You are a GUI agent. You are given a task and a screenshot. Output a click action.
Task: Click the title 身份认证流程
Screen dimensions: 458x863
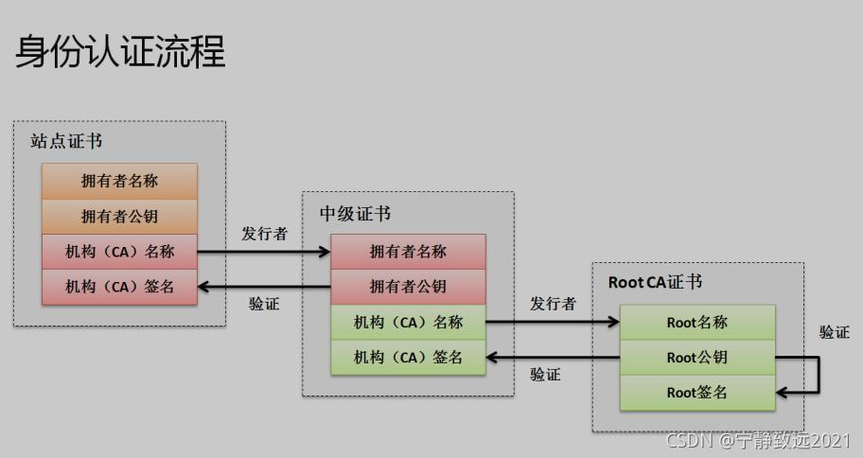pyautogui.click(x=121, y=51)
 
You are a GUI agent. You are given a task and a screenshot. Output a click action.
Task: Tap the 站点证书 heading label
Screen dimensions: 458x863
pyautogui.click(x=66, y=142)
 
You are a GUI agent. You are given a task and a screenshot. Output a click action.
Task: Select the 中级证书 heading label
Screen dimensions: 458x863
pyautogui.click(x=355, y=213)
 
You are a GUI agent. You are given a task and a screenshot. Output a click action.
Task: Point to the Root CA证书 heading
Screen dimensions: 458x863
pyautogui.click(x=655, y=282)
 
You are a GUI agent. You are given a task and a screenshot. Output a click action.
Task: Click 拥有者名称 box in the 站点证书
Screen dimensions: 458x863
pyautogui.click(x=119, y=180)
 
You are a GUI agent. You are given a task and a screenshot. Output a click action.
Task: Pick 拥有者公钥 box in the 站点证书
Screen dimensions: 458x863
pyautogui.click(x=119, y=216)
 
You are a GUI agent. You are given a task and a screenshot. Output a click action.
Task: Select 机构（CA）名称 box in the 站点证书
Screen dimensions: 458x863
pyautogui.click(x=119, y=251)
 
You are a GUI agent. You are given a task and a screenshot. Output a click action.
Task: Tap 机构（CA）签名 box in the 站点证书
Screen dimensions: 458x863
pyautogui.click(x=119, y=286)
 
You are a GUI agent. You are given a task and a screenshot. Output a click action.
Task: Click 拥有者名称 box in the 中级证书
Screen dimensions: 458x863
pyautogui.click(x=408, y=251)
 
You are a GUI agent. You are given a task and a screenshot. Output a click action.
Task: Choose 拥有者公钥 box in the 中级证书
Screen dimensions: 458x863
pyautogui.click(x=408, y=286)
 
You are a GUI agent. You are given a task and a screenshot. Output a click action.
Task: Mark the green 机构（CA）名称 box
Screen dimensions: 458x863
pyautogui.click(x=408, y=322)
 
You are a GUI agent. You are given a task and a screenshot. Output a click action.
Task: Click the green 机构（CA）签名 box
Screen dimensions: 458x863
pyautogui.click(x=408, y=357)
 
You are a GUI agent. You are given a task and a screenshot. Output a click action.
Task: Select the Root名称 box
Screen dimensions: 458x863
pyautogui.click(x=697, y=322)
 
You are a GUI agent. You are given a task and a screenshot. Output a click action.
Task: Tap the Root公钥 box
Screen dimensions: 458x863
pyautogui.click(x=697, y=358)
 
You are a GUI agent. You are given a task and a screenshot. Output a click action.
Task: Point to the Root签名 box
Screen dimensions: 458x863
pyautogui.click(x=697, y=393)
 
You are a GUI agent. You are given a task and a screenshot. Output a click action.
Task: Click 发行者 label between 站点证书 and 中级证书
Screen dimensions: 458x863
pyautogui.click(x=264, y=233)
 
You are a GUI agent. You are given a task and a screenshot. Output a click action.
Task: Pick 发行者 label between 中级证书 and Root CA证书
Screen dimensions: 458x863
pyautogui.click(x=553, y=304)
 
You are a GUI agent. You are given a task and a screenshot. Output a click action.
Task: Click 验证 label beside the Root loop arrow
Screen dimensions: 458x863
pyautogui.click(x=834, y=332)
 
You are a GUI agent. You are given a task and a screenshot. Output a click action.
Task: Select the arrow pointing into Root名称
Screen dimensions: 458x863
pyautogui.click(x=553, y=322)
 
